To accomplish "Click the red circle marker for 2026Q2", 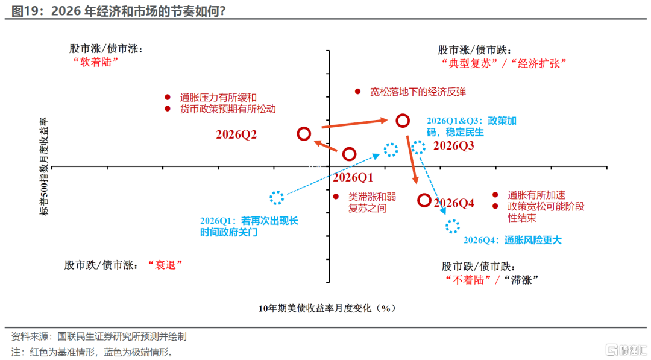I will [304, 134].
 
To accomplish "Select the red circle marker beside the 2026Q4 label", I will [424, 201].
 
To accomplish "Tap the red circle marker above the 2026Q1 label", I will [349, 154].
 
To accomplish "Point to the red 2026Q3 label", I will [453, 145].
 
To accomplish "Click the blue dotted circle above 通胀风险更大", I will [452, 226].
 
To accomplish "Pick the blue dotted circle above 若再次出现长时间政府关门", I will [277, 197].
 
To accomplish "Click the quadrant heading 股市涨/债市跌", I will [476, 50].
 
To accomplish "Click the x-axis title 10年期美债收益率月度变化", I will [326, 308].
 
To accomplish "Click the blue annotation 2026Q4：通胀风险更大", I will [512, 240].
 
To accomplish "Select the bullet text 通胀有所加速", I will [536, 195].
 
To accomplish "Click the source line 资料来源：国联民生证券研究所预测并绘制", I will [99, 336].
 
